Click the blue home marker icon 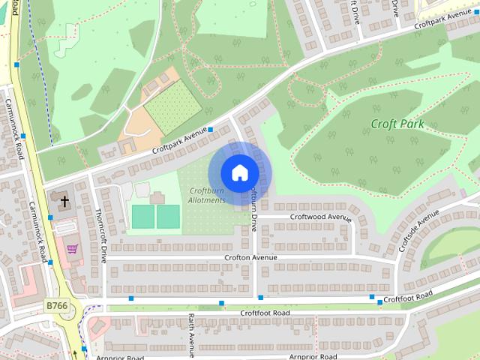238,172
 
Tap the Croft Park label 397,124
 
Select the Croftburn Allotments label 207,195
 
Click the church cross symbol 64,201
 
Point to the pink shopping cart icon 72,248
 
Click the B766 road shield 56,305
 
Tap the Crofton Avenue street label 250,257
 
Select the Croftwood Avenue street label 321,217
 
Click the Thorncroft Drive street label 101,235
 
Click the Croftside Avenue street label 418,230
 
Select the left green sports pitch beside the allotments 142,217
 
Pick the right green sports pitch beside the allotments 168,217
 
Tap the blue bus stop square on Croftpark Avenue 210,130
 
